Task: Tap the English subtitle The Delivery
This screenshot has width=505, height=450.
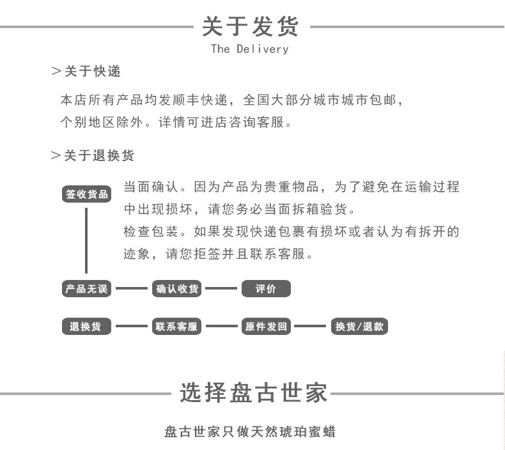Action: coord(250,49)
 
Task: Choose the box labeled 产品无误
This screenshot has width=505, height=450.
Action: coord(86,289)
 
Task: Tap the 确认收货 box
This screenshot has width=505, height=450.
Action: coord(177,289)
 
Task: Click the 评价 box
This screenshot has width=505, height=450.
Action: coord(266,289)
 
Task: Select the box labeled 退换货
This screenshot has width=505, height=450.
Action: coord(86,327)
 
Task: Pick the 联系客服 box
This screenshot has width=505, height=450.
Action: coord(177,327)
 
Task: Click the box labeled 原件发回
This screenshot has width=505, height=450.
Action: coord(266,327)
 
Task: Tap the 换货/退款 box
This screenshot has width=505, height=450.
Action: coord(359,327)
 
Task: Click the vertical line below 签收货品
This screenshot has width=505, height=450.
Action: coord(86,240)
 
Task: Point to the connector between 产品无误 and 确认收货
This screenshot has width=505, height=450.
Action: coord(131,289)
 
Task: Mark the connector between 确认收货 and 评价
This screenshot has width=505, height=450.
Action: coord(221,289)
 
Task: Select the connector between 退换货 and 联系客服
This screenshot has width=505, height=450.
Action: coord(131,327)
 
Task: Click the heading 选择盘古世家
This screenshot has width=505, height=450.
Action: coord(253,392)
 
